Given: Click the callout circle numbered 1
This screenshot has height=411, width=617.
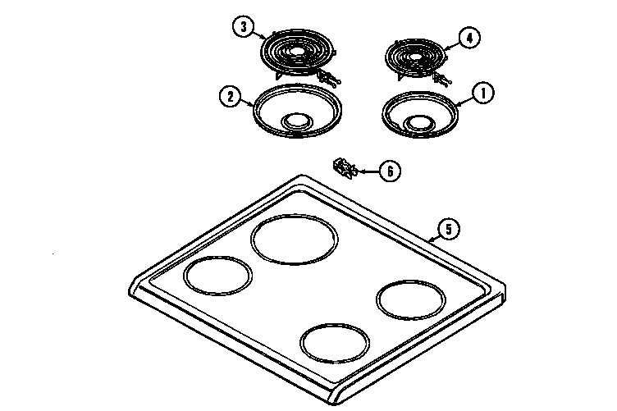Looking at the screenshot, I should pyautogui.click(x=483, y=94).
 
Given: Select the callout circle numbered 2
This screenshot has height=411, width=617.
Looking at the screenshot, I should pyautogui.click(x=230, y=97).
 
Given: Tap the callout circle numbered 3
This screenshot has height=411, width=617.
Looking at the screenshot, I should pyautogui.click(x=242, y=27).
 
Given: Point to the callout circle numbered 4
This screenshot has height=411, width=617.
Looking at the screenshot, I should pyautogui.click(x=468, y=38).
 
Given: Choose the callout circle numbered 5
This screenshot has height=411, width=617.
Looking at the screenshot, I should pyautogui.click(x=448, y=229).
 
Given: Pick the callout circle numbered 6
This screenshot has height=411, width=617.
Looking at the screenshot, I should pyautogui.click(x=391, y=171).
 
